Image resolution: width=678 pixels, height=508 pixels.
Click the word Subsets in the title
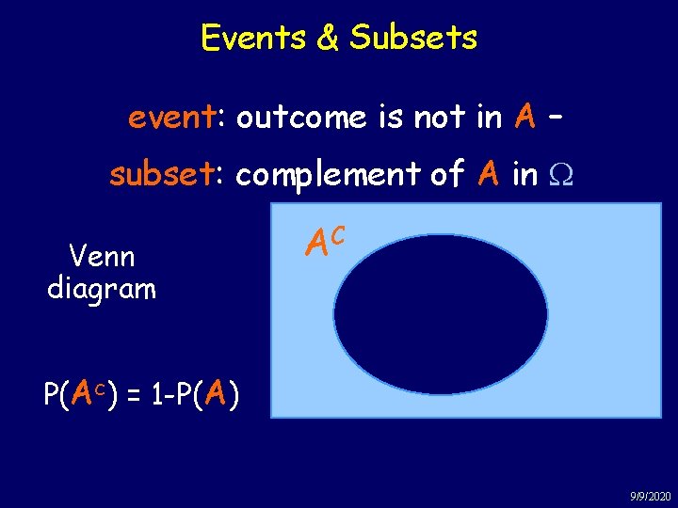coord(413,38)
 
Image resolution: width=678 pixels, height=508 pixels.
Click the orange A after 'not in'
coord(525,118)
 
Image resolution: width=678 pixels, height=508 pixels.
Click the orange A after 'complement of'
coord(488,174)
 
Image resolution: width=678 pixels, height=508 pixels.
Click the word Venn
coord(102,256)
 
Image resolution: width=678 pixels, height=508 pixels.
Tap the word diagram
coord(102,288)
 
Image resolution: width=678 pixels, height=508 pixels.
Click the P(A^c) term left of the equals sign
coord(80,394)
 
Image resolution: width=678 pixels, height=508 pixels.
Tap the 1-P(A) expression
coord(195,394)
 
